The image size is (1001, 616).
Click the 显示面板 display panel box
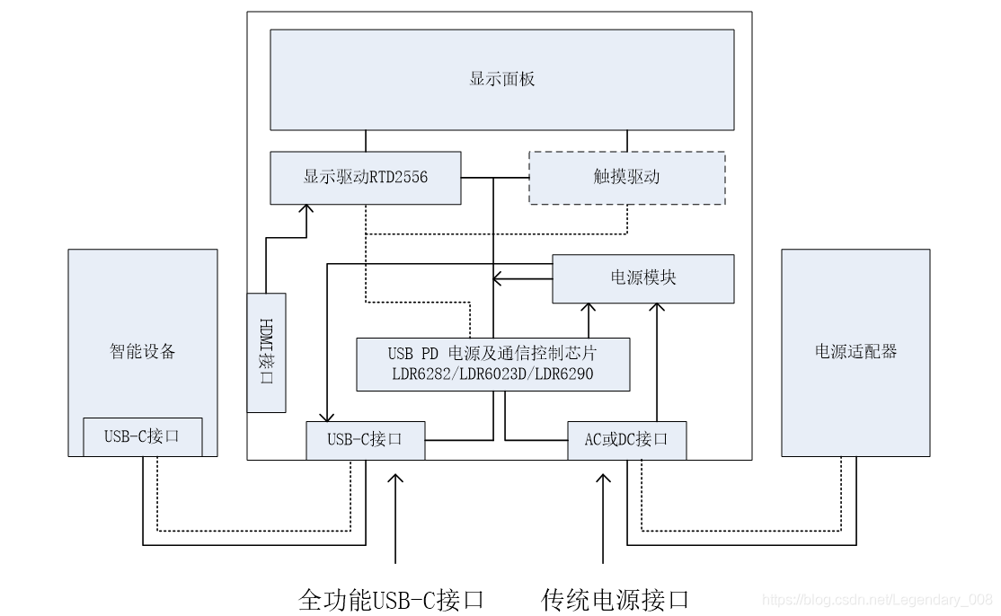(501, 79)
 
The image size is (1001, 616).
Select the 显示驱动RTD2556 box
(365, 178)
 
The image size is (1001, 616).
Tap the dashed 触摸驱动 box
(626, 178)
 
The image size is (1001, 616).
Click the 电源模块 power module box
(642, 278)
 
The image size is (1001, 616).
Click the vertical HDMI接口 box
(266, 353)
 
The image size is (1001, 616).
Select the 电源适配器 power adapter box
(855, 352)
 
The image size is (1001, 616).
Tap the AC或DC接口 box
(626, 440)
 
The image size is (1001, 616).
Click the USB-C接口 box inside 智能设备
(142, 437)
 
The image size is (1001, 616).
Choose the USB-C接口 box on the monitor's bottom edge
(365, 440)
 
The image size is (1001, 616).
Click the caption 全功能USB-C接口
(391, 599)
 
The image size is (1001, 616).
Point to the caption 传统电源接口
(616, 599)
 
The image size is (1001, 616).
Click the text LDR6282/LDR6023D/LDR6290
(492, 374)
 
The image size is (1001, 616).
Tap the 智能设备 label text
(142, 352)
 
